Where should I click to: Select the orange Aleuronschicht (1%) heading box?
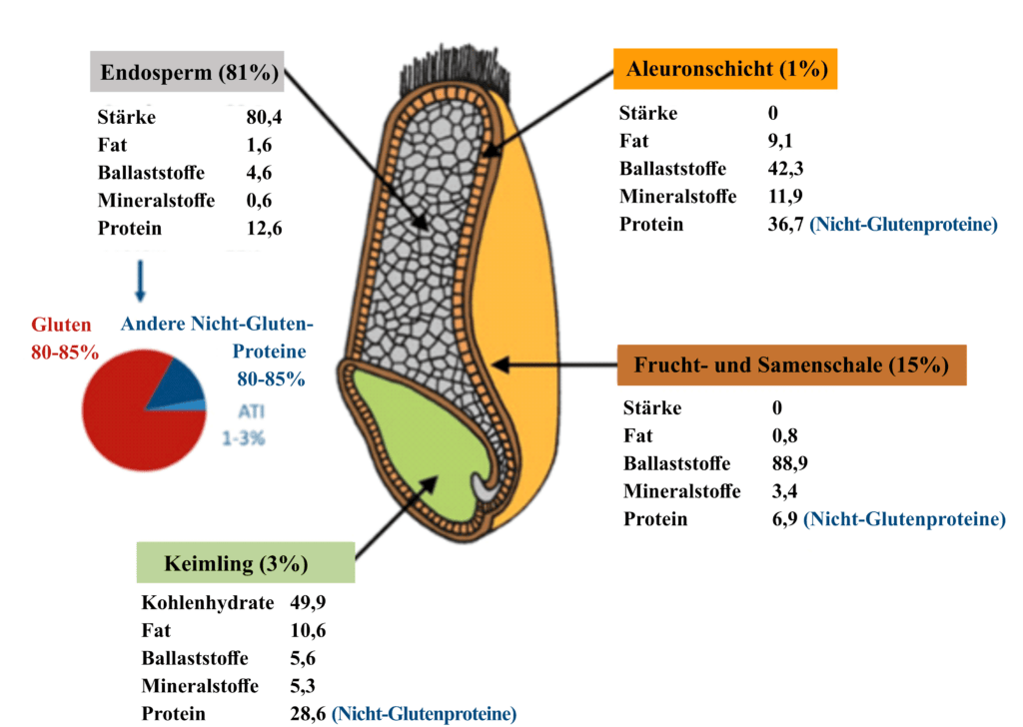pos(725,69)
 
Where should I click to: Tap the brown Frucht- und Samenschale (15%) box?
pos(791,364)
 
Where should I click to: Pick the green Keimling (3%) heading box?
pos(246,562)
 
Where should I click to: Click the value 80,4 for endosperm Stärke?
pos(264,118)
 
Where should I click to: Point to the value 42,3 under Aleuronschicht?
pos(785,169)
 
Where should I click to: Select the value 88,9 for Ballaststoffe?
pos(790,463)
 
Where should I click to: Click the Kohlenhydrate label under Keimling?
pos(208,602)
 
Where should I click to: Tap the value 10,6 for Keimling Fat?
pos(308,630)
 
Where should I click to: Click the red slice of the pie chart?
pos(131,430)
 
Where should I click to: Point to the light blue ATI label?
pos(251,411)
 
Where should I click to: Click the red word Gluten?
pos(61,325)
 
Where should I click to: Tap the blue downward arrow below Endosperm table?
pos(140,281)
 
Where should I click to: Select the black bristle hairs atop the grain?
pos(455,71)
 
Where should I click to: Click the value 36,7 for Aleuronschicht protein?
pos(785,225)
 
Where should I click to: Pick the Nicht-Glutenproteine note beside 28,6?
pos(424,714)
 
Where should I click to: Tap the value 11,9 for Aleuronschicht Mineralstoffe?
pos(785,197)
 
